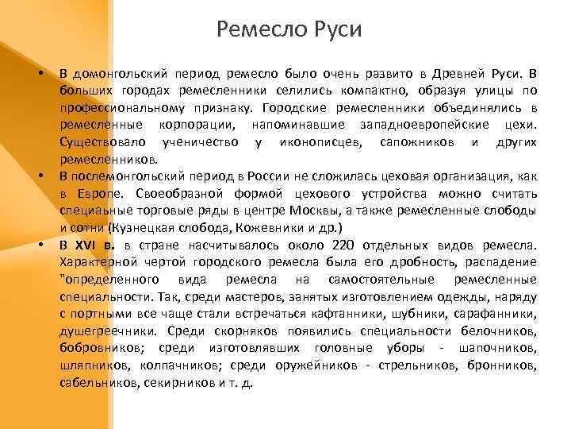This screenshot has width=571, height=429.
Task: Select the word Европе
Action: click(101, 194)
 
